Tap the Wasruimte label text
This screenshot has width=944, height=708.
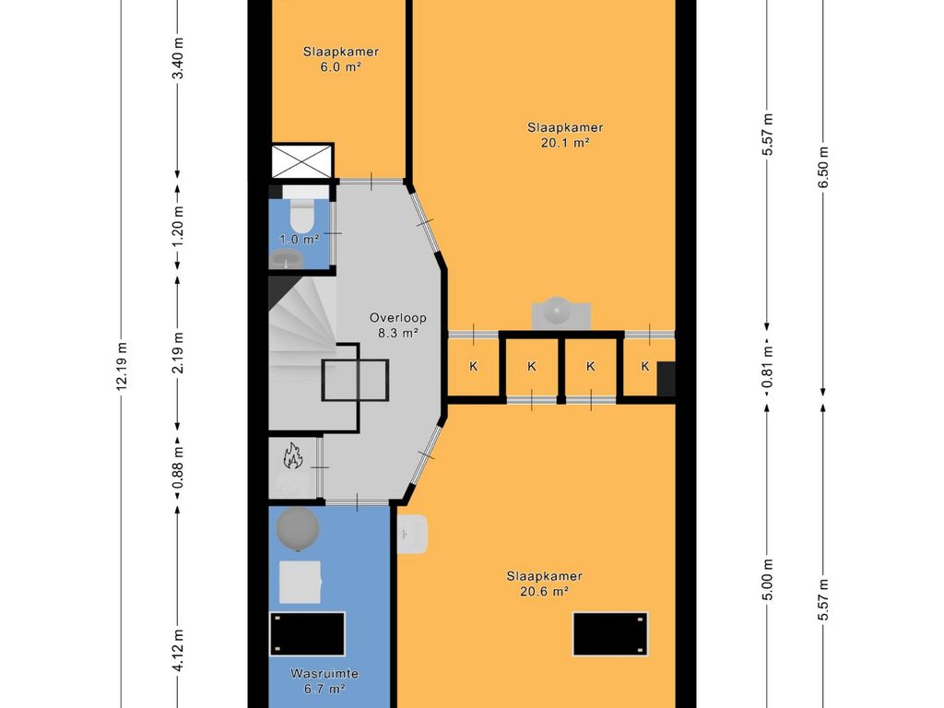[324, 674]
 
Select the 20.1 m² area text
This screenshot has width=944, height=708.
[565, 143]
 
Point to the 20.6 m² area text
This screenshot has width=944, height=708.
[544, 591]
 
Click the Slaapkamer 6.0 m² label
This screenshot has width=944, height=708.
[341, 59]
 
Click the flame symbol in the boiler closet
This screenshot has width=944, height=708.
[292, 455]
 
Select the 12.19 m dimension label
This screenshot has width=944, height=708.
[122, 366]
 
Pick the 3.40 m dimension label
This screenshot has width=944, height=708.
[178, 58]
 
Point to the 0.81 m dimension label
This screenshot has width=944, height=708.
[767, 367]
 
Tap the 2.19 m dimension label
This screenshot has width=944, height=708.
[178, 353]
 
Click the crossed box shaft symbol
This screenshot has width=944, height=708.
[302, 160]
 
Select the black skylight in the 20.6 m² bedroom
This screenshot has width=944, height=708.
[610, 634]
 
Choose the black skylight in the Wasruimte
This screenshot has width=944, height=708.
[307, 633]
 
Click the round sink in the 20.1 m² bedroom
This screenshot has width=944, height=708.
[560, 313]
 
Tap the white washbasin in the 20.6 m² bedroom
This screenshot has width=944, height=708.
[412, 534]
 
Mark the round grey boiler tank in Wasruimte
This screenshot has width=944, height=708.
[298, 529]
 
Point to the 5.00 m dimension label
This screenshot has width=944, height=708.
[767, 580]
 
